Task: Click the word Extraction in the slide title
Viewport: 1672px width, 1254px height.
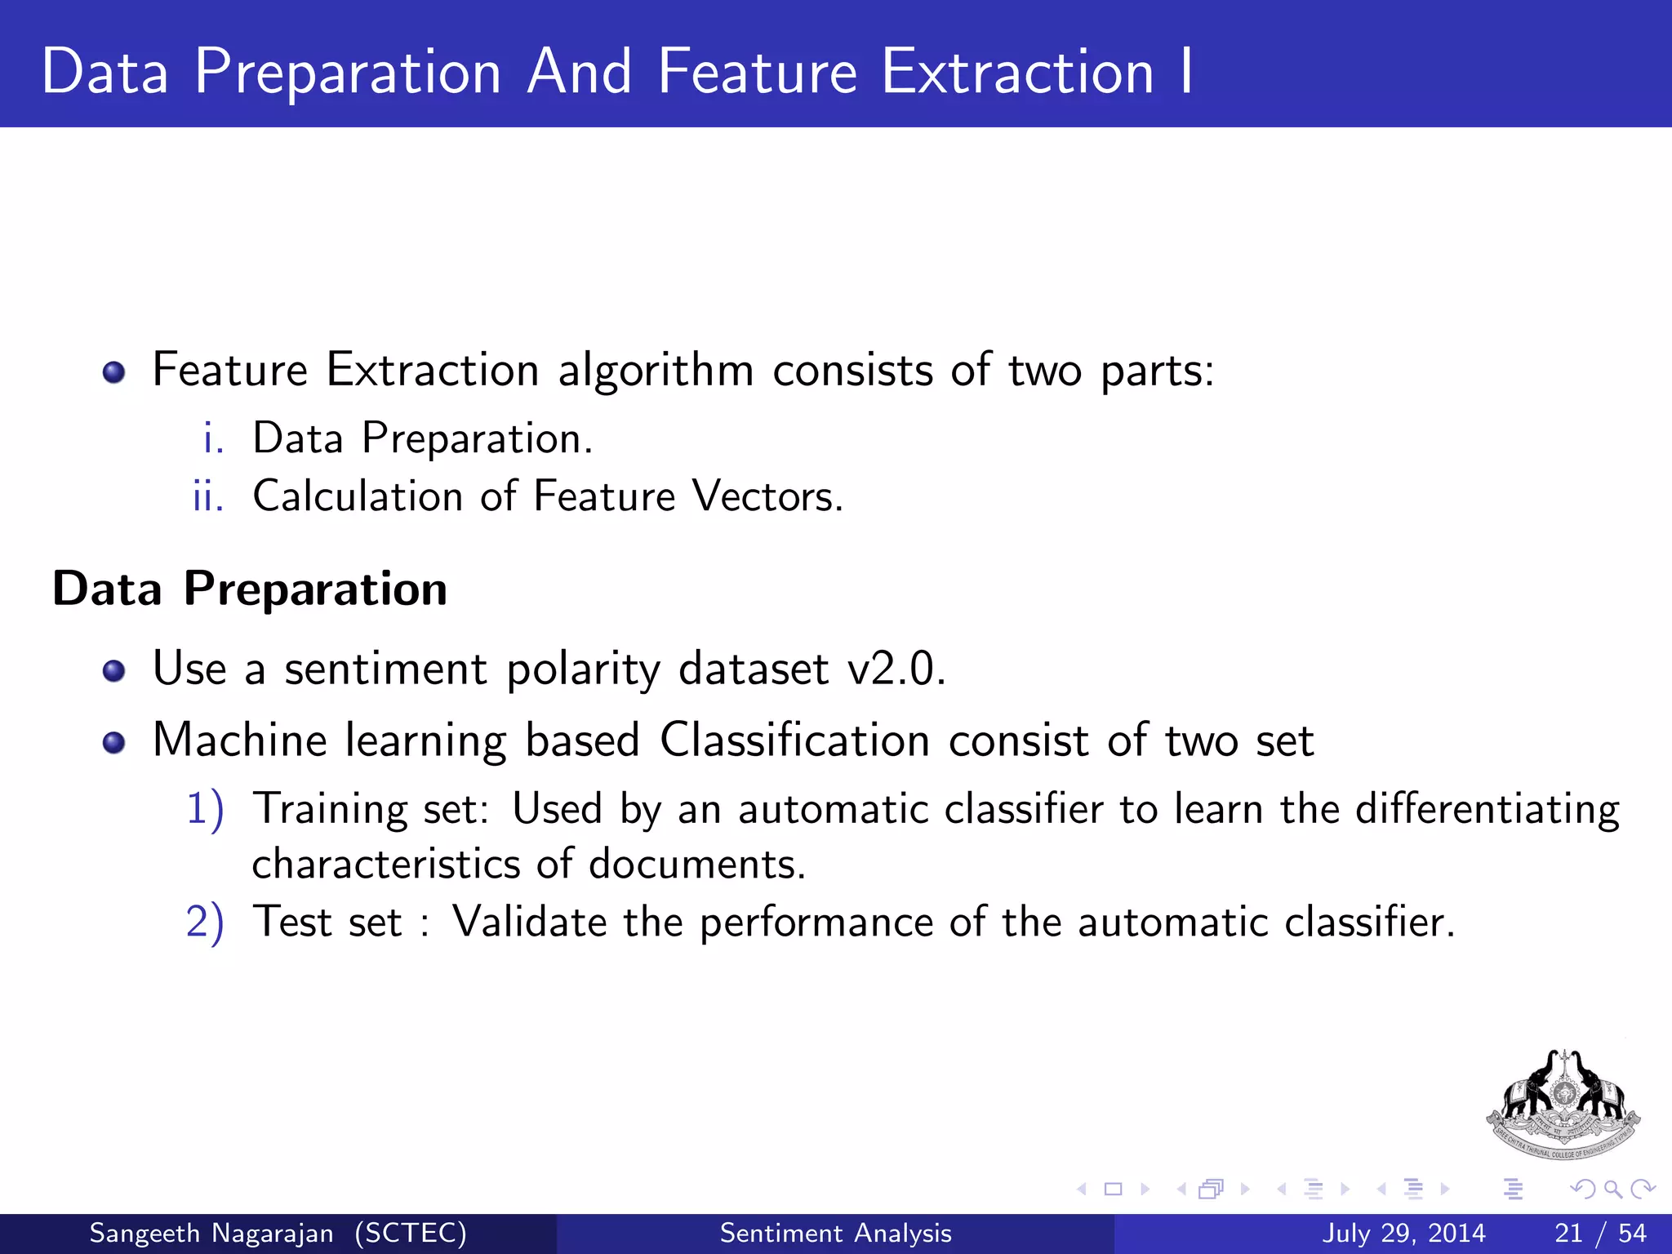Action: (1017, 72)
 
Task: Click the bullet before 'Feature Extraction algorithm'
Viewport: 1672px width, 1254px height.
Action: (113, 373)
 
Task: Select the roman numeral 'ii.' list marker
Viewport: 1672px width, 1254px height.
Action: (208, 496)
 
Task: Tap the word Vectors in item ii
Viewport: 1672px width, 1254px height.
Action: (767, 496)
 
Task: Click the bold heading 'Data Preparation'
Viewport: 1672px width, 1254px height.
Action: (250, 589)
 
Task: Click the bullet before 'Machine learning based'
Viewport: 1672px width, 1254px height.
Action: (113, 742)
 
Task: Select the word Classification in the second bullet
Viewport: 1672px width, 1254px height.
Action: (794, 740)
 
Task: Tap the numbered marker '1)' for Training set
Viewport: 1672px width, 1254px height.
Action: (204, 810)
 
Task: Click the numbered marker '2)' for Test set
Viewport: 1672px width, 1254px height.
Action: (204, 923)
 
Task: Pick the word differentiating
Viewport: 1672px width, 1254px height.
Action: (1487, 810)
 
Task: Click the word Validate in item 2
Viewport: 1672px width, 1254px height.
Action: (529, 923)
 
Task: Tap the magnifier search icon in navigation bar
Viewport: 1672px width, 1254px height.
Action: (1612, 1189)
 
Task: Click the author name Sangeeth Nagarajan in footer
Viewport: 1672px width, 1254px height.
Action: (211, 1233)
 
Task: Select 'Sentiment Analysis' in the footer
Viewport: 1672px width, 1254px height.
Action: (835, 1233)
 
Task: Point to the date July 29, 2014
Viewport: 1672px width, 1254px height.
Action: (1403, 1233)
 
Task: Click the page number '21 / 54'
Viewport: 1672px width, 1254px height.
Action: (1600, 1233)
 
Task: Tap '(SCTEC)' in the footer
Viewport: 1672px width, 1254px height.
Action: (410, 1233)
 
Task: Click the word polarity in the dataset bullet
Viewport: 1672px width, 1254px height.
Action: (582, 670)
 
